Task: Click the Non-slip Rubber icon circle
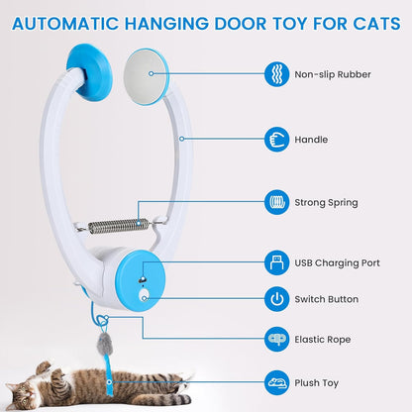(x=277, y=74)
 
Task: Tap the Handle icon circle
(x=277, y=140)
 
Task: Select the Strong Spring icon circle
(x=277, y=202)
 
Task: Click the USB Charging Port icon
(x=277, y=263)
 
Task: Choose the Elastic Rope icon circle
(x=277, y=339)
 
